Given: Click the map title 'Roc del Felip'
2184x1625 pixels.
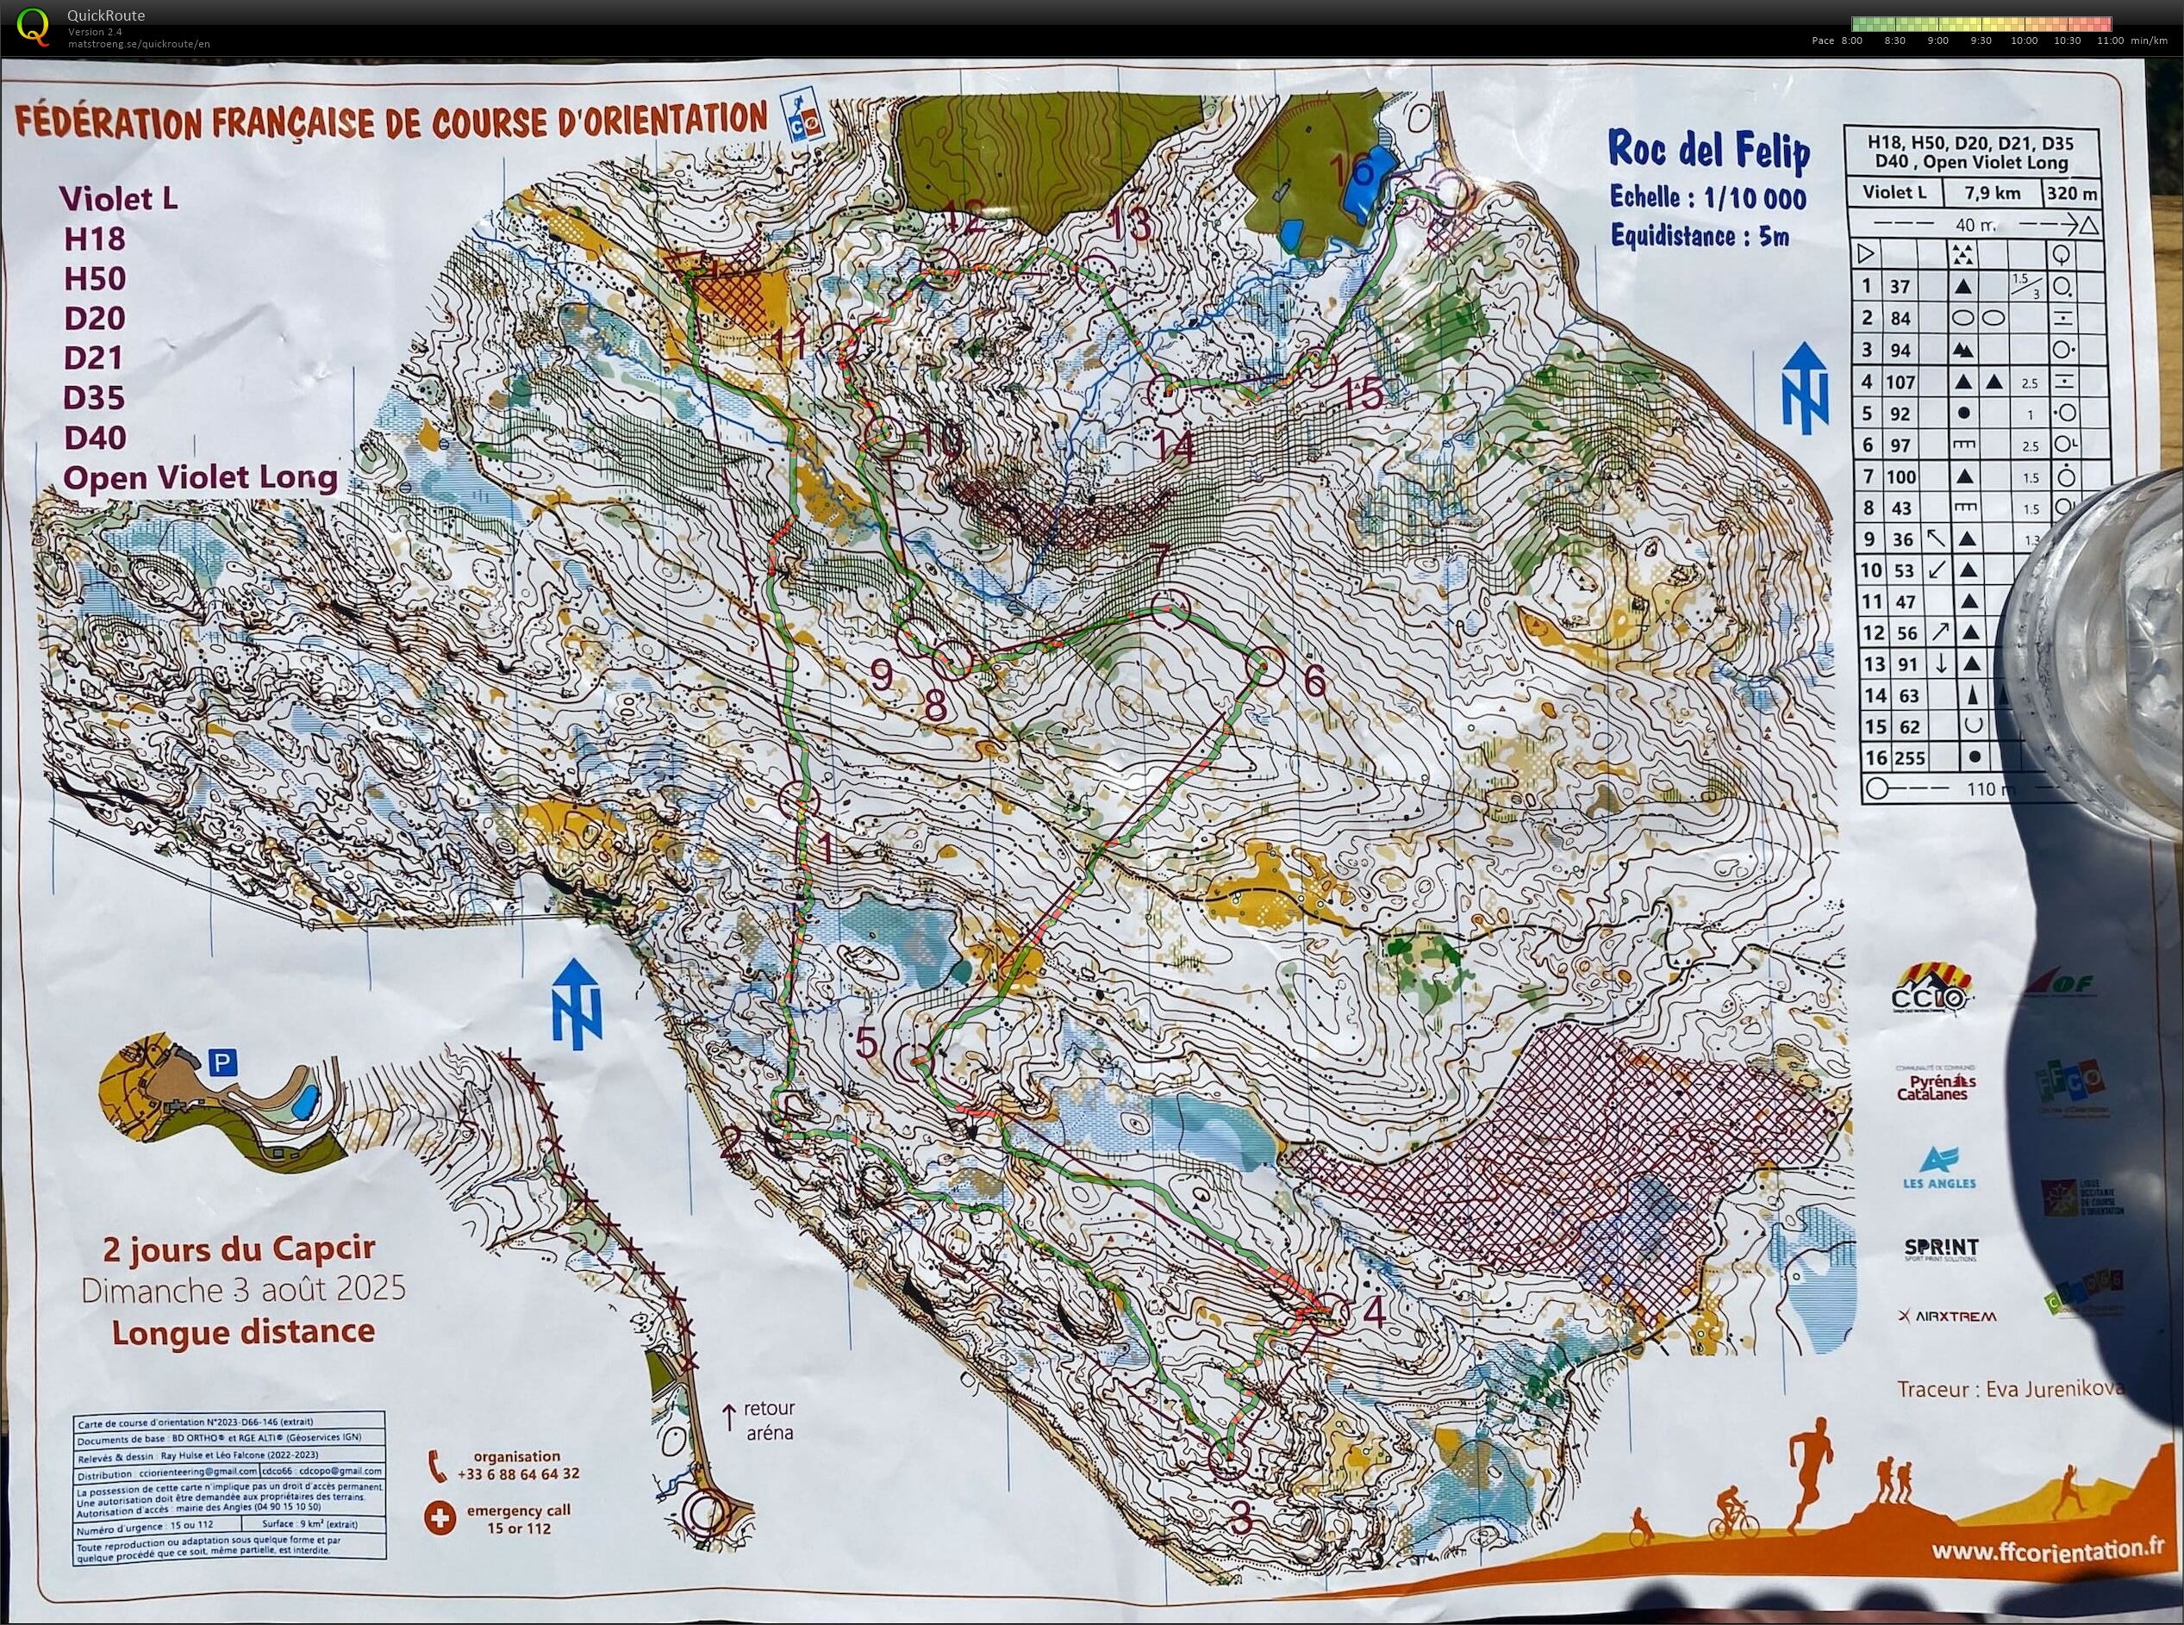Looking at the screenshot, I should click(x=1708, y=151).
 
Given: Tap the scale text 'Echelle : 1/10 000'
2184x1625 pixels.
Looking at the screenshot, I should click(x=1708, y=196).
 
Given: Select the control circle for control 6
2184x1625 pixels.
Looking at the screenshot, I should click(x=1265, y=667).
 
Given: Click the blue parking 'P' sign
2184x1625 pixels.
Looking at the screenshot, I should click(x=223, y=1062).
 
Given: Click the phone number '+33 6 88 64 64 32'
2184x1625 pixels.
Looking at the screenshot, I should click(x=517, y=1473).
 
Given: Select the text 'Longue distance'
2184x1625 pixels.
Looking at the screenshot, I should click(x=243, y=1332).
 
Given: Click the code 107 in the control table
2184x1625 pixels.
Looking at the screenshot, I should click(x=1900, y=382).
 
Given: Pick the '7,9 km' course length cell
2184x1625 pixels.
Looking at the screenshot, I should click(x=1994, y=193).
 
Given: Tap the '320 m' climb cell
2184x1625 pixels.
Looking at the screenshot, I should click(x=2072, y=193).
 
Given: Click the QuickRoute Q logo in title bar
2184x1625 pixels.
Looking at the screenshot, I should click(x=34, y=25).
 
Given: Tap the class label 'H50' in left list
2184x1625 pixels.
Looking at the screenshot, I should click(x=96, y=278).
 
